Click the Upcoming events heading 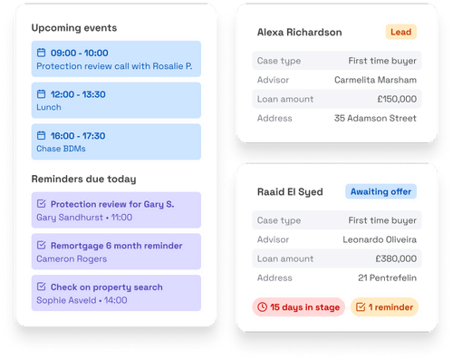73,27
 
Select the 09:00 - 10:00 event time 80,53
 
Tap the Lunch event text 49,106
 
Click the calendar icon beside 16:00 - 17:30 41,136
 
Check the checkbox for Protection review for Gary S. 41,205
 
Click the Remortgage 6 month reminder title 116,245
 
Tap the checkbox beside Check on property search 41,287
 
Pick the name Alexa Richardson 300,33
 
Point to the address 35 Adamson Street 375,118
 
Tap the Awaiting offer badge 381,191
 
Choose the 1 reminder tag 384,307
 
